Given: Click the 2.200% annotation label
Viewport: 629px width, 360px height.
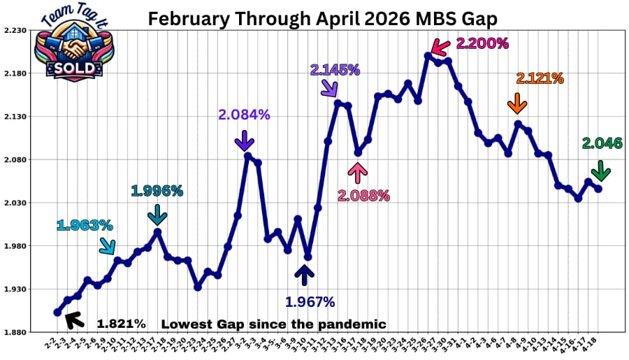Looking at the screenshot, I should click(x=482, y=43).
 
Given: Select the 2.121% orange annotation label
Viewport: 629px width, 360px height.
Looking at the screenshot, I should click(x=540, y=78).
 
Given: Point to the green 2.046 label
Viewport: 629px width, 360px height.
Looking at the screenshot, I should click(x=602, y=143).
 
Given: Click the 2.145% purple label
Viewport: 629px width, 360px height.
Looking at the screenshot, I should click(x=335, y=70).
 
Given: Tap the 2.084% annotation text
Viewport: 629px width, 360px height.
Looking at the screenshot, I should click(x=244, y=115).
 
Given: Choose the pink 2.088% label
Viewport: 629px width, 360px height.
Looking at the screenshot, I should click(x=363, y=196).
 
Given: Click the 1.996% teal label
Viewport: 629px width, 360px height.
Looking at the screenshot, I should click(x=157, y=190).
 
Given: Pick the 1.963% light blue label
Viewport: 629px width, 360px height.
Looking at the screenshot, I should click(x=85, y=225).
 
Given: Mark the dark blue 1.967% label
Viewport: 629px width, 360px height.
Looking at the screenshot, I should click(x=310, y=302).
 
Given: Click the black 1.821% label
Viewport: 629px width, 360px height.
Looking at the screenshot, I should click(x=121, y=324).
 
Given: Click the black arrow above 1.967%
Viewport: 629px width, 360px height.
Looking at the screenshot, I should click(x=304, y=275).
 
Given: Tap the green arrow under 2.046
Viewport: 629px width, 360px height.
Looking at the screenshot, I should click(x=600, y=171).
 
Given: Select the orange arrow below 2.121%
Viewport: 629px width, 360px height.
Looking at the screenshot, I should click(x=517, y=103).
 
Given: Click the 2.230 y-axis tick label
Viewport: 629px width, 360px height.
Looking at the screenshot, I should click(x=15, y=31).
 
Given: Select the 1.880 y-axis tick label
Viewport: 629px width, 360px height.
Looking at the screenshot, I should click(x=15, y=332).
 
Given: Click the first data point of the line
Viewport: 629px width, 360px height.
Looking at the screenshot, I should click(x=57, y=312).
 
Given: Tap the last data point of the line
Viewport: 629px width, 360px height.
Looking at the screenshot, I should click(x=598, y=189).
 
